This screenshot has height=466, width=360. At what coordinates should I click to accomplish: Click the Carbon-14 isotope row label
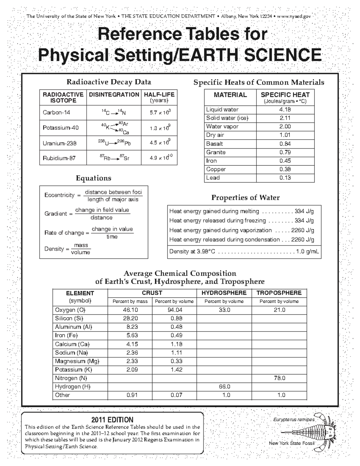(x=56, y=113)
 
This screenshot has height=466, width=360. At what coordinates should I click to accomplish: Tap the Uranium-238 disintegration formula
(x=114, y=143)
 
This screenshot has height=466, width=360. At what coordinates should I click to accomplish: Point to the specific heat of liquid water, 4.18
(x=285, y=110)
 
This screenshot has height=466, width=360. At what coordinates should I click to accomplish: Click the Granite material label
(x=216, y=152)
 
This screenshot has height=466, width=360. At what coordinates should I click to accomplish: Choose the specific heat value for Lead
(x=285, y=178)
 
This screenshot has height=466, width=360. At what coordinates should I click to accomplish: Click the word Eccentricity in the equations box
(x=59, y=195)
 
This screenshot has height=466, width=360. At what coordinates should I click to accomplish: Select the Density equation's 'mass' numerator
(x=81, y=245)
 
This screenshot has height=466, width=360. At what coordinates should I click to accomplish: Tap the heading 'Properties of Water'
(x=245, y=197)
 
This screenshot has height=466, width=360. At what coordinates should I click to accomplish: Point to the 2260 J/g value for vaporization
(x=303, y=230)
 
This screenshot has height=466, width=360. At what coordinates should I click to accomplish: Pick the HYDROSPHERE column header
(x=224, y=293)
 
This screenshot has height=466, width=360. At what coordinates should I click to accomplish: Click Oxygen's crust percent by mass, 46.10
(x=130, y=310)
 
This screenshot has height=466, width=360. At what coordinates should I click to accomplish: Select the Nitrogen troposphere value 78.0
(x=279, y=378)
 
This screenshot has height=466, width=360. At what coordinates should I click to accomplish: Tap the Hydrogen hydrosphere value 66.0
(x=224, y=386)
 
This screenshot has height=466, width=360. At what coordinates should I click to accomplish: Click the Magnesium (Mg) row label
(x=77, y=361)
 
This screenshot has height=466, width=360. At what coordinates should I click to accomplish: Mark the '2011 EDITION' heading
(x=112, y=419)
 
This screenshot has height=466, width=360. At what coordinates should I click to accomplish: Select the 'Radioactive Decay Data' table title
(x=109, y=82)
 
